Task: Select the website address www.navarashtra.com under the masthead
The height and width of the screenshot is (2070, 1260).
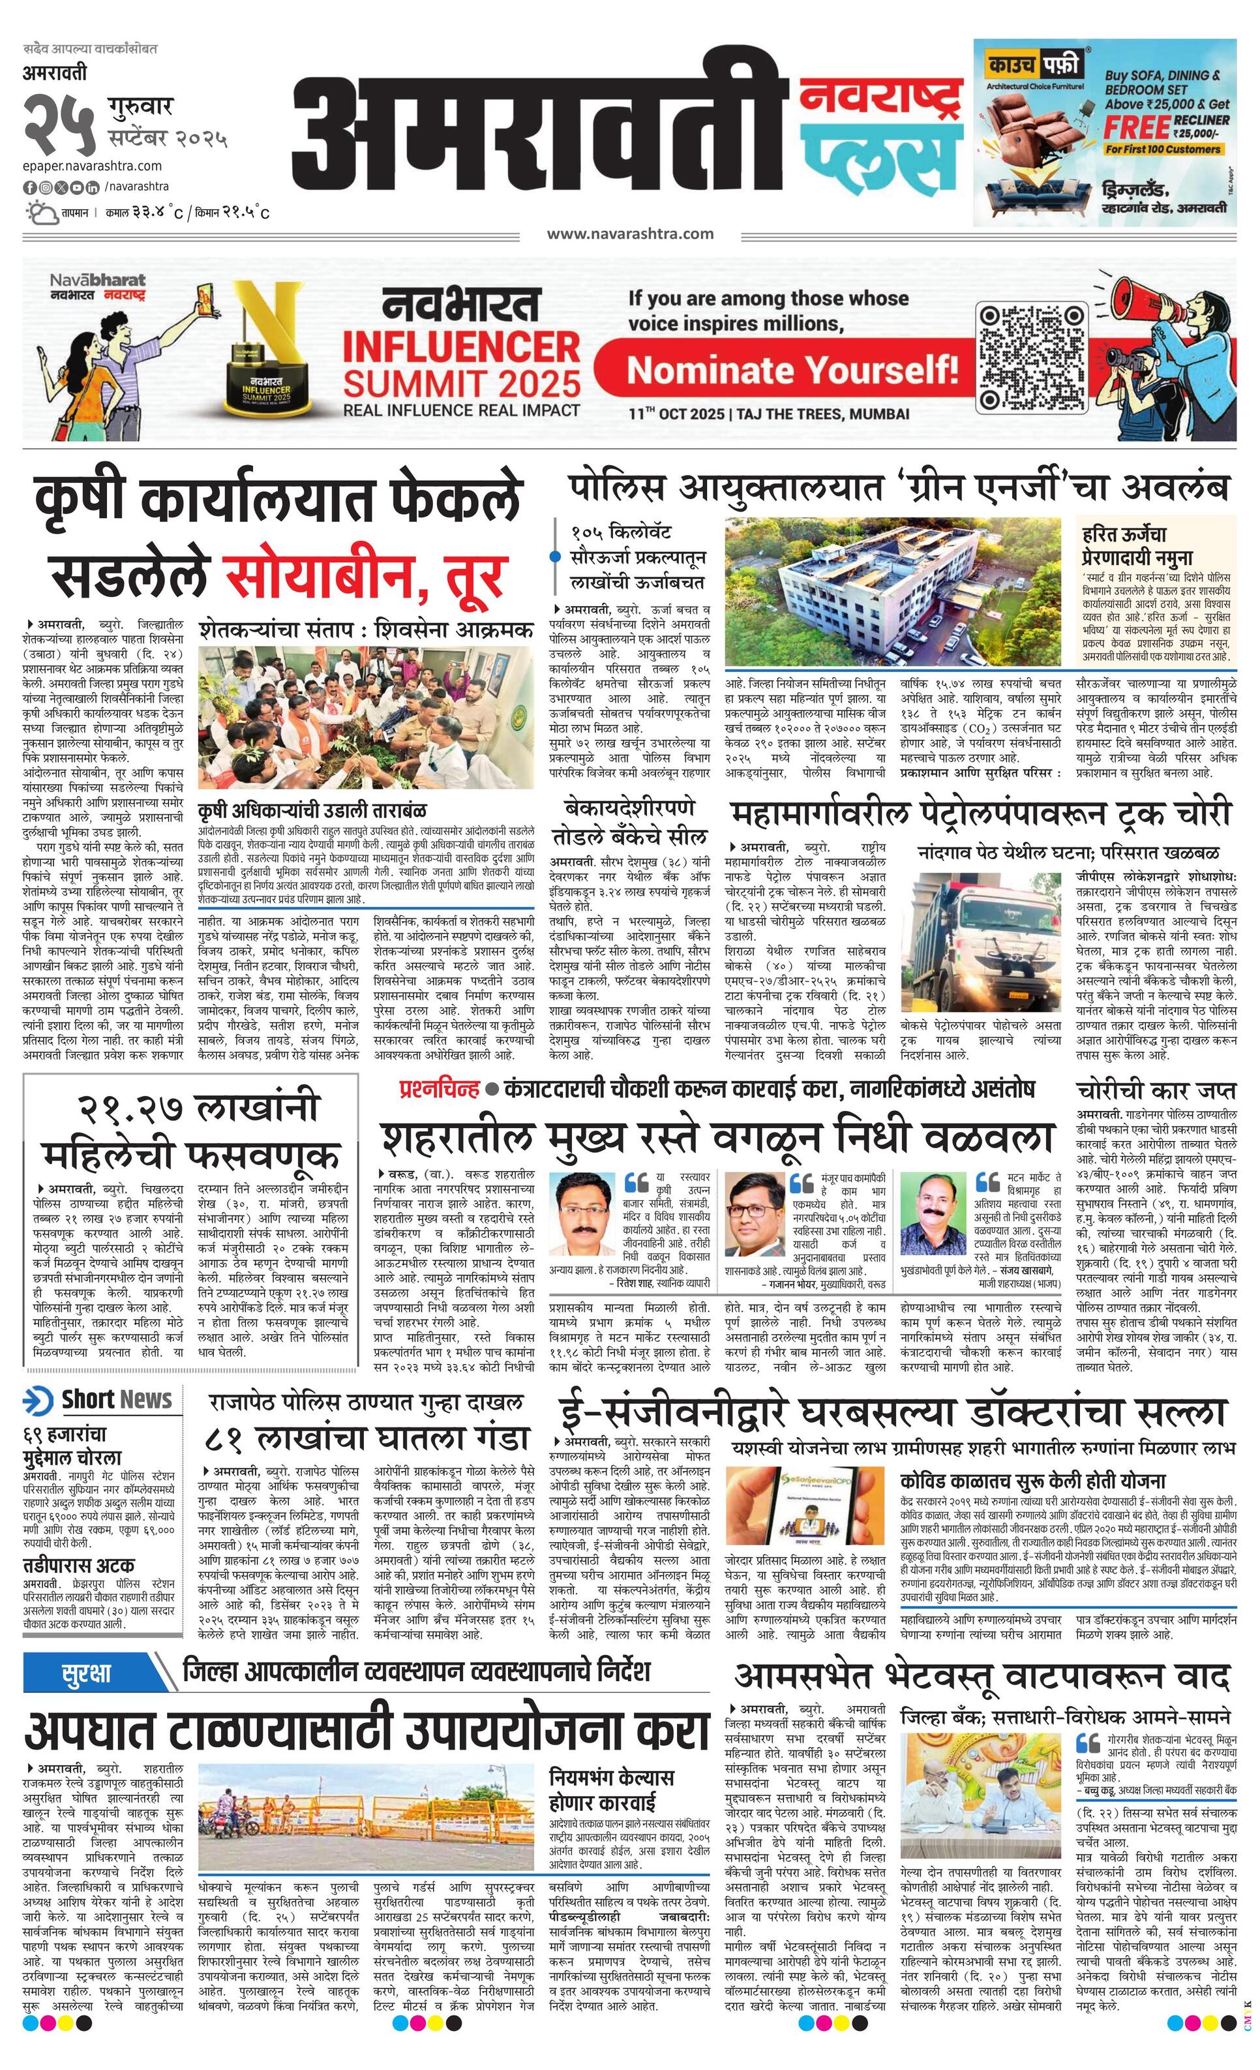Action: tap(630, 234)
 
